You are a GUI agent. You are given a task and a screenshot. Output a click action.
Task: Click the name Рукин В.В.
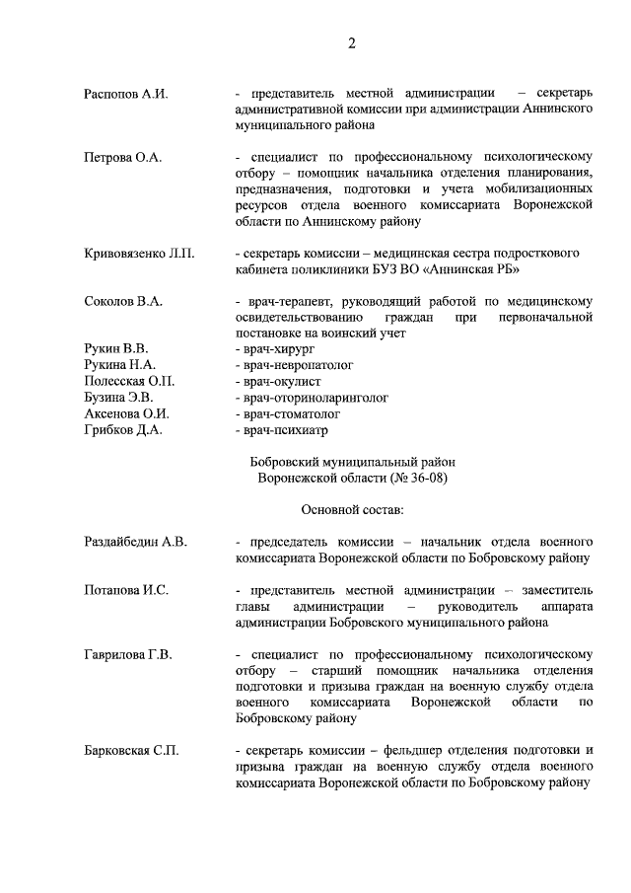coord(115,349)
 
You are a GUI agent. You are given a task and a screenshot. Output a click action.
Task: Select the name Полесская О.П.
coord(129,381)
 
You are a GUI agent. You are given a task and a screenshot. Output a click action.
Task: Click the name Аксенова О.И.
coord(126,412)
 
